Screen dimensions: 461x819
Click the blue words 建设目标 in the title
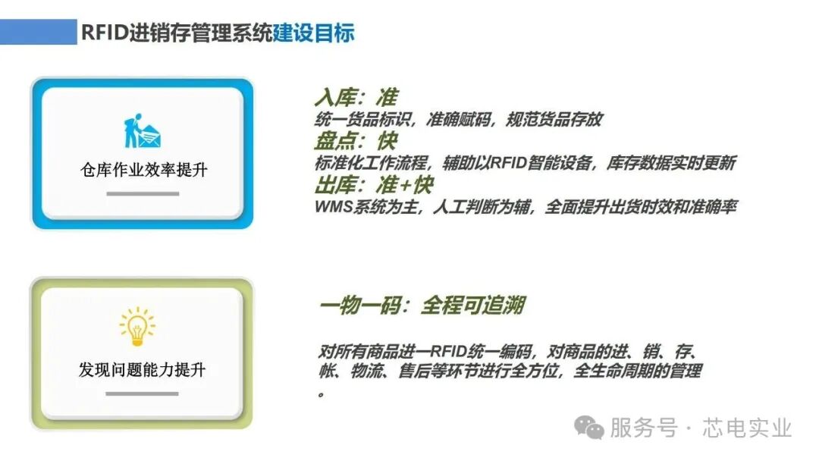click(313, 33)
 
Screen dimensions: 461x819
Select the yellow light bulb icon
click(137, 327)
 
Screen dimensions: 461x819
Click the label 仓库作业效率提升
click(143, 169)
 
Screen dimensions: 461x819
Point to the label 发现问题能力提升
click(142, 370)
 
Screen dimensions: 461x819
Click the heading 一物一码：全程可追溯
click(422, 306)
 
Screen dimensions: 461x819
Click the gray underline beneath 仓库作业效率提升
click(143, 194)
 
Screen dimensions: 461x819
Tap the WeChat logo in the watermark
click(589, 428)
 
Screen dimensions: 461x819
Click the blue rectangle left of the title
click(38, 33)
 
